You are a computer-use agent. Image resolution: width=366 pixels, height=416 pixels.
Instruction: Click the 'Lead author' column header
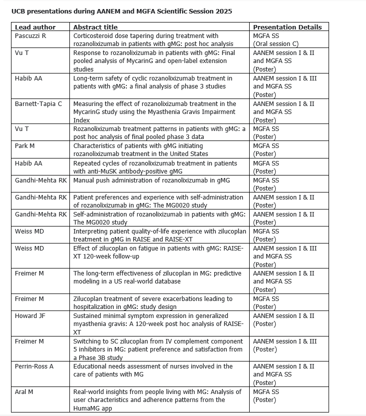coord(35,27)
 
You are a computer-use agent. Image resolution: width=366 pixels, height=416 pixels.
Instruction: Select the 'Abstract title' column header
coord(95,27)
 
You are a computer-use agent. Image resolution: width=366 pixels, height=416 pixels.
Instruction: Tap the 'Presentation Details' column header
coord(287,27)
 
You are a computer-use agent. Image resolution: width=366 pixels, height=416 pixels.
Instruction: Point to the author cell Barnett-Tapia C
coord(38,103)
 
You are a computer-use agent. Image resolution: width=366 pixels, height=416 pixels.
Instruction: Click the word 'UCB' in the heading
coord(19,11)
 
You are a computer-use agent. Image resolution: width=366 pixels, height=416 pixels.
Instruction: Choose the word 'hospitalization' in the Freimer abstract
coord(97,307)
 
